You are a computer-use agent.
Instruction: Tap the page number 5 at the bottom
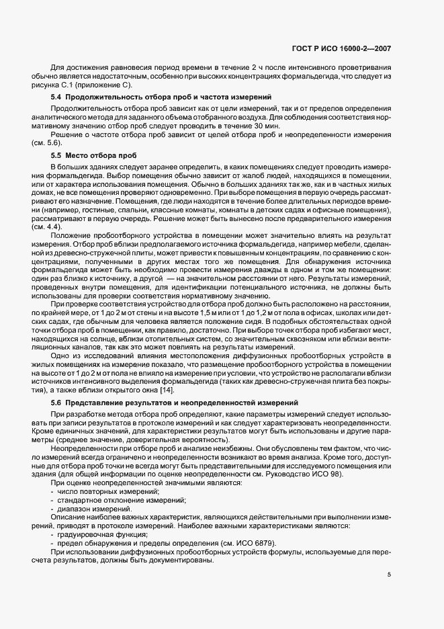pos(389,574)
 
